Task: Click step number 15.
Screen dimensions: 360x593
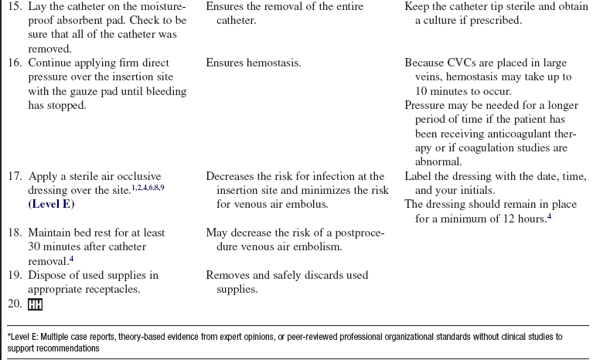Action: [x=15, y=7]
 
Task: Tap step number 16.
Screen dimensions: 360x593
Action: [x=15, y=63]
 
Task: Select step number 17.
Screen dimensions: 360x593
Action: [x=15, y=177]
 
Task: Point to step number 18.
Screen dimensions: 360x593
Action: [x=15, y=233]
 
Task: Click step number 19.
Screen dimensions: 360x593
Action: [x=15, y=276]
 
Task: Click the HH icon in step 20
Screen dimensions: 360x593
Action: [x=36, y=304]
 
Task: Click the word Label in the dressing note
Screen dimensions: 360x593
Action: [x=418, y=177]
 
